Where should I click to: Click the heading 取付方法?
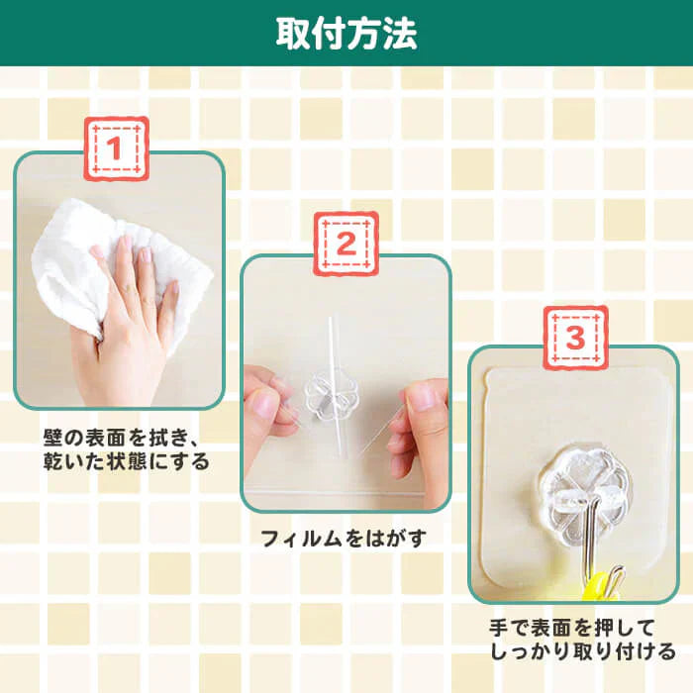346,33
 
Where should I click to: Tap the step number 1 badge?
115,149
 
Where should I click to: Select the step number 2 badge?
346,245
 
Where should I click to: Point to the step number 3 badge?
574,337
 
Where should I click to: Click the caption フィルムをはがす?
347,540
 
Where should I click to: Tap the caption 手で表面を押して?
573,628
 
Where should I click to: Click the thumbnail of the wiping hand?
118,282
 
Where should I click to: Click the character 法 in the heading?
399,33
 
